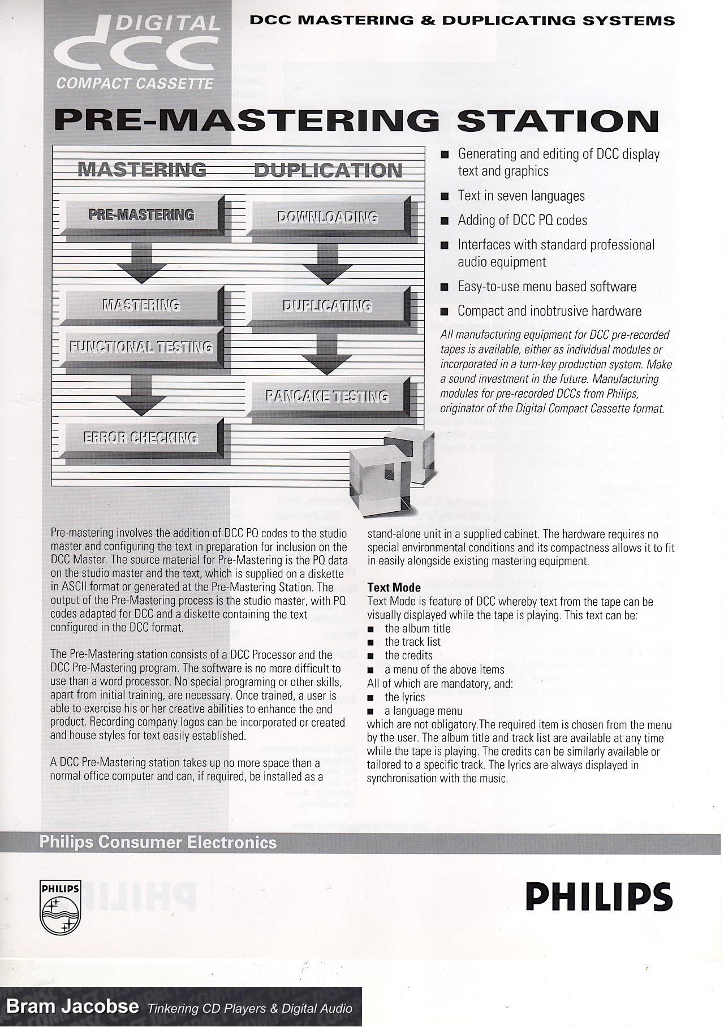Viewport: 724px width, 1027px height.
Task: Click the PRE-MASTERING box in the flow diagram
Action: (x=141, y=215)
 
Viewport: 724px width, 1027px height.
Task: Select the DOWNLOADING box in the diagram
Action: (x=327, y=218)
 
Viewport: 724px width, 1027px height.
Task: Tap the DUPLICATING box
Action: (x=327, y=307)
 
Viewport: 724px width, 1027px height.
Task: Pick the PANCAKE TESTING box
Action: (x=327, y=396)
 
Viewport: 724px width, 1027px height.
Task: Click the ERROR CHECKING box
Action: (x=141, y=438)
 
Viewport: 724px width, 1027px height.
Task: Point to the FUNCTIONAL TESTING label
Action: (x=141, y=347)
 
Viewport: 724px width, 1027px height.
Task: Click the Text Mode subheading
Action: (x=394, y=588)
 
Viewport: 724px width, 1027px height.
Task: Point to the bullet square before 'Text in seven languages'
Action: (x=445, y=196)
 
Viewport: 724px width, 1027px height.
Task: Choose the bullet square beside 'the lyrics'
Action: (x=371, y=698)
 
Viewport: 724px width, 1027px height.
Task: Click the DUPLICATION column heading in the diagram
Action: (x=327, y=170)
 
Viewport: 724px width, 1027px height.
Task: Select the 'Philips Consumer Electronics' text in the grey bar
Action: (x=158, y=843)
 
